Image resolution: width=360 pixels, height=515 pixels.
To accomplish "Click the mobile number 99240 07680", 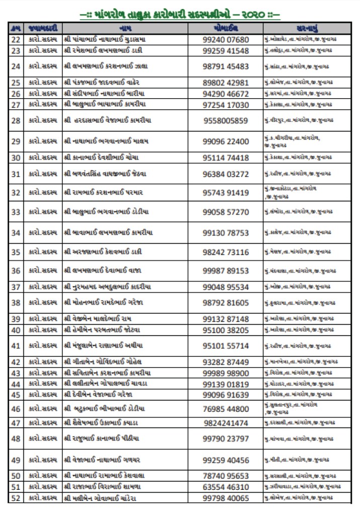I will click(226, 40).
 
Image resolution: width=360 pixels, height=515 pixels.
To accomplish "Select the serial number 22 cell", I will click(16, 40).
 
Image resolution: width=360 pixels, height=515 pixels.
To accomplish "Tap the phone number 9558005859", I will click(226, 120).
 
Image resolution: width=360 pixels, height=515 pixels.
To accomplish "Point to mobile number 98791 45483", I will click(226, 66).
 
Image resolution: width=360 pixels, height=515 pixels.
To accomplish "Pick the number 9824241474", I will click(226, 423).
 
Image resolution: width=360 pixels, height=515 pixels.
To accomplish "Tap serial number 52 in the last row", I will click(16, 498).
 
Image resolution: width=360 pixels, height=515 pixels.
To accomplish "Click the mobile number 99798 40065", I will click(226, 498).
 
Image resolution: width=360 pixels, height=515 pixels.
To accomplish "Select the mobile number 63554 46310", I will click(226, 487).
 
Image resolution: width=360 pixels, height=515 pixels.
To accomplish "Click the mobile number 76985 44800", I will click(226, 409).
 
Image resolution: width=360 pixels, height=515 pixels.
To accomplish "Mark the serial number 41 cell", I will click(16, 346).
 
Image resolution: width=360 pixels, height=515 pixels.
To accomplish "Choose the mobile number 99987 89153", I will click(226, 271).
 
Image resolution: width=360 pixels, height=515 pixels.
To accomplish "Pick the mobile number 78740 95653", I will click(226, 476).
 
